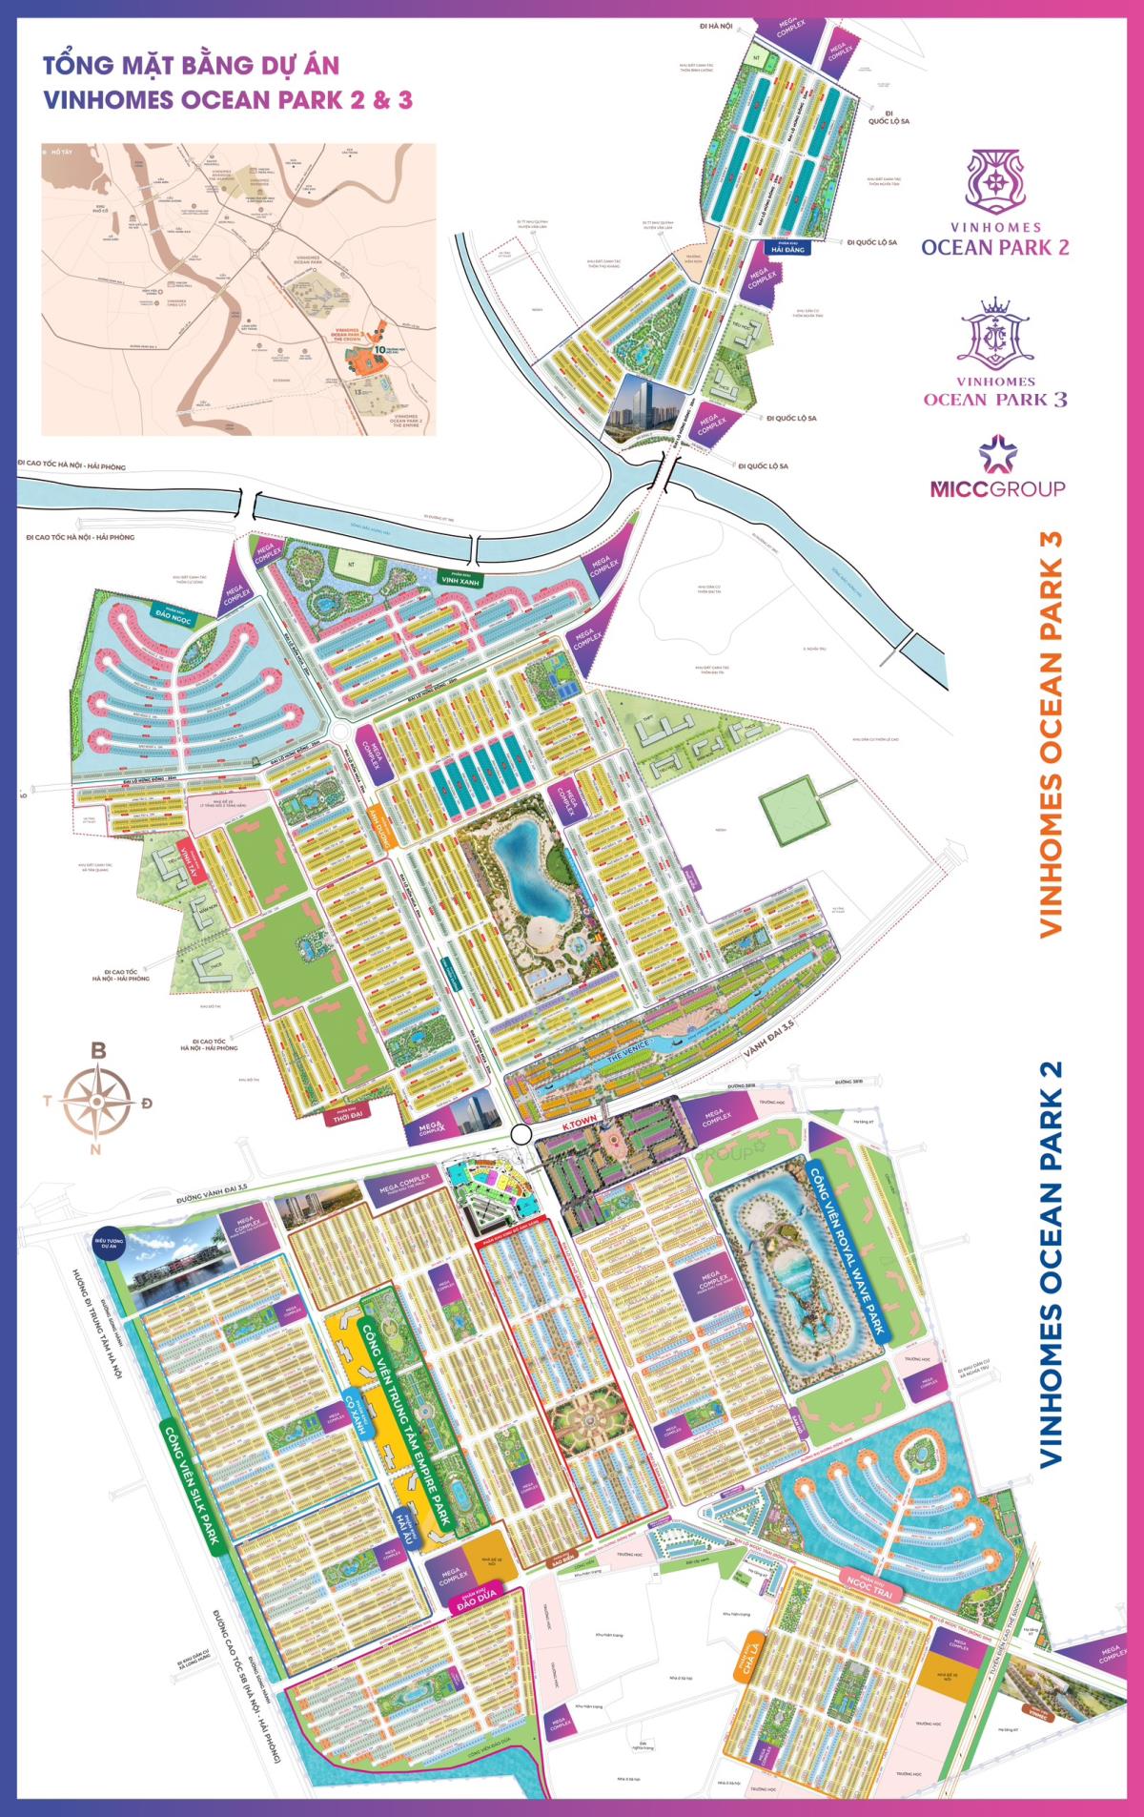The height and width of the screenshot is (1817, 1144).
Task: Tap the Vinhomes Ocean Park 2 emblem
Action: point(997,181)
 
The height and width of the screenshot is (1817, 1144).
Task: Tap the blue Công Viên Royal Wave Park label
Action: point(847,1250)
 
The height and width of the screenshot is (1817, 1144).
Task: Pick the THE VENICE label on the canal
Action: point(629,1048)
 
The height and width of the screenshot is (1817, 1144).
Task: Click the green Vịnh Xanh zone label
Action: point(460,578)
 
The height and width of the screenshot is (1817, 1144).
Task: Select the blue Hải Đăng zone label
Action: point(788,247)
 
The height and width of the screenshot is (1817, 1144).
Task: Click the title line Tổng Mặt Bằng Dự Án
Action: point(191,65)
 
